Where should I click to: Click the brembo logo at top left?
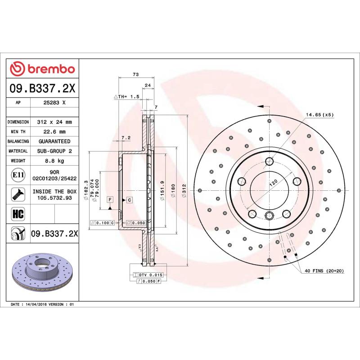[42, 69]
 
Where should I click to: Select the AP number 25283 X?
[55, 103]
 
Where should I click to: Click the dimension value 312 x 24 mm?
[55, 122]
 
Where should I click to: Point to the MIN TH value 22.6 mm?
[55, 132]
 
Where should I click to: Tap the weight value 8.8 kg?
[55, 161]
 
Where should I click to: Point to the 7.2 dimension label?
[126, 137]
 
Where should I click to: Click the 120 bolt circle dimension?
[272, 183]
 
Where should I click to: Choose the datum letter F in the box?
[109, 199]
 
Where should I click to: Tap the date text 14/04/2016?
[37, 305]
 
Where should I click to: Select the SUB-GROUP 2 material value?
[55, 151]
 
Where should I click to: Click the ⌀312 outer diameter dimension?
[184, 191]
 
